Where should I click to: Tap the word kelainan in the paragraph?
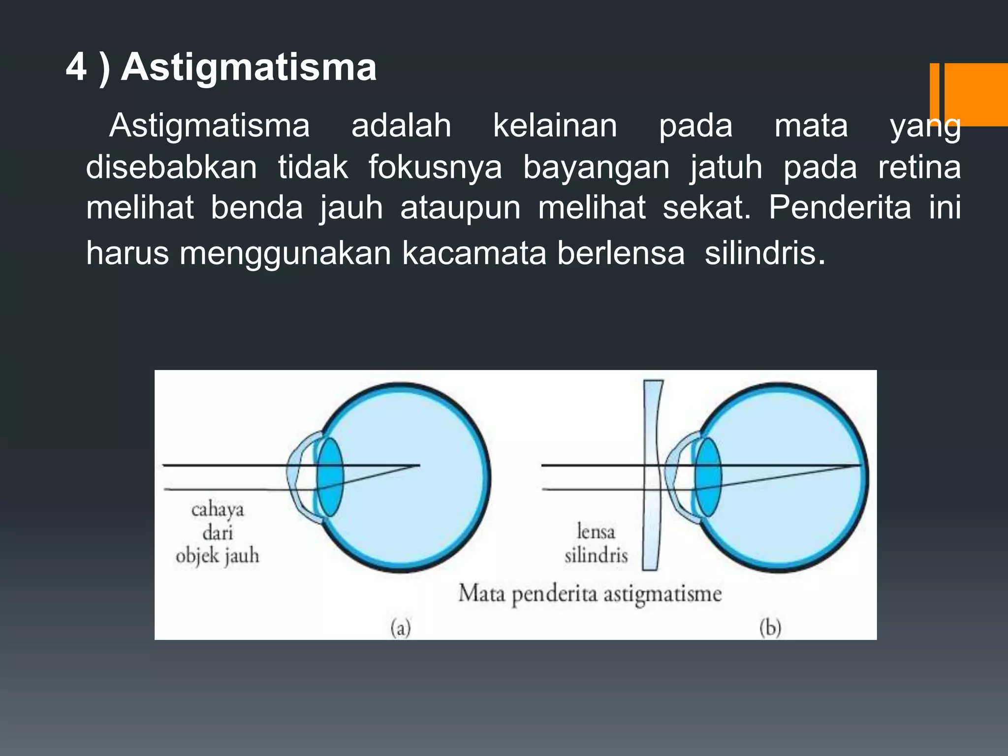click(555, 126)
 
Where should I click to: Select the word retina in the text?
click(919, 167)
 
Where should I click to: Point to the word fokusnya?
click(435, 167)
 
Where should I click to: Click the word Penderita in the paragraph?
click(840, 207)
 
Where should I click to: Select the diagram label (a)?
click(401, 628)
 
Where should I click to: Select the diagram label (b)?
click(770, 628)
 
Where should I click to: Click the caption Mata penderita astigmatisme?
click(590, 594)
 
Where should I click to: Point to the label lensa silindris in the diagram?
click(596, 543)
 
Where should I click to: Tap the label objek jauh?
click(217, 556)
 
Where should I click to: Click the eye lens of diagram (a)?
click(330, 477)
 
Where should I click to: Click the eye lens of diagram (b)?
click(708, 477)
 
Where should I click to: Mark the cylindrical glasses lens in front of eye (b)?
click(653, 475)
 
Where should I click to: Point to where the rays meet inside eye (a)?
click(418, 465)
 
